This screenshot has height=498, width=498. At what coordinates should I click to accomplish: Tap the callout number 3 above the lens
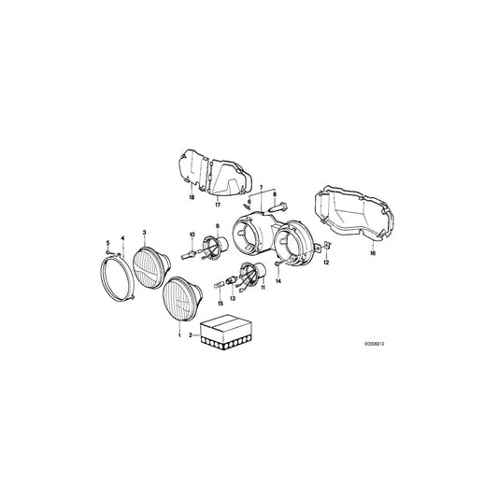click(x=144, y=231)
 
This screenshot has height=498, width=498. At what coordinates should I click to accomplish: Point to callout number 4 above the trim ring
click(x=121, y=239)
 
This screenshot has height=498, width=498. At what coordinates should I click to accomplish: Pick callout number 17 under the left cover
click(x=216, y=200)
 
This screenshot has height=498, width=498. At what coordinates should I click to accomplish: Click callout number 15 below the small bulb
click(x=221, y=304)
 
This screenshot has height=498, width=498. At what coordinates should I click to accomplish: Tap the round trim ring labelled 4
click(x=120, y=277)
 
